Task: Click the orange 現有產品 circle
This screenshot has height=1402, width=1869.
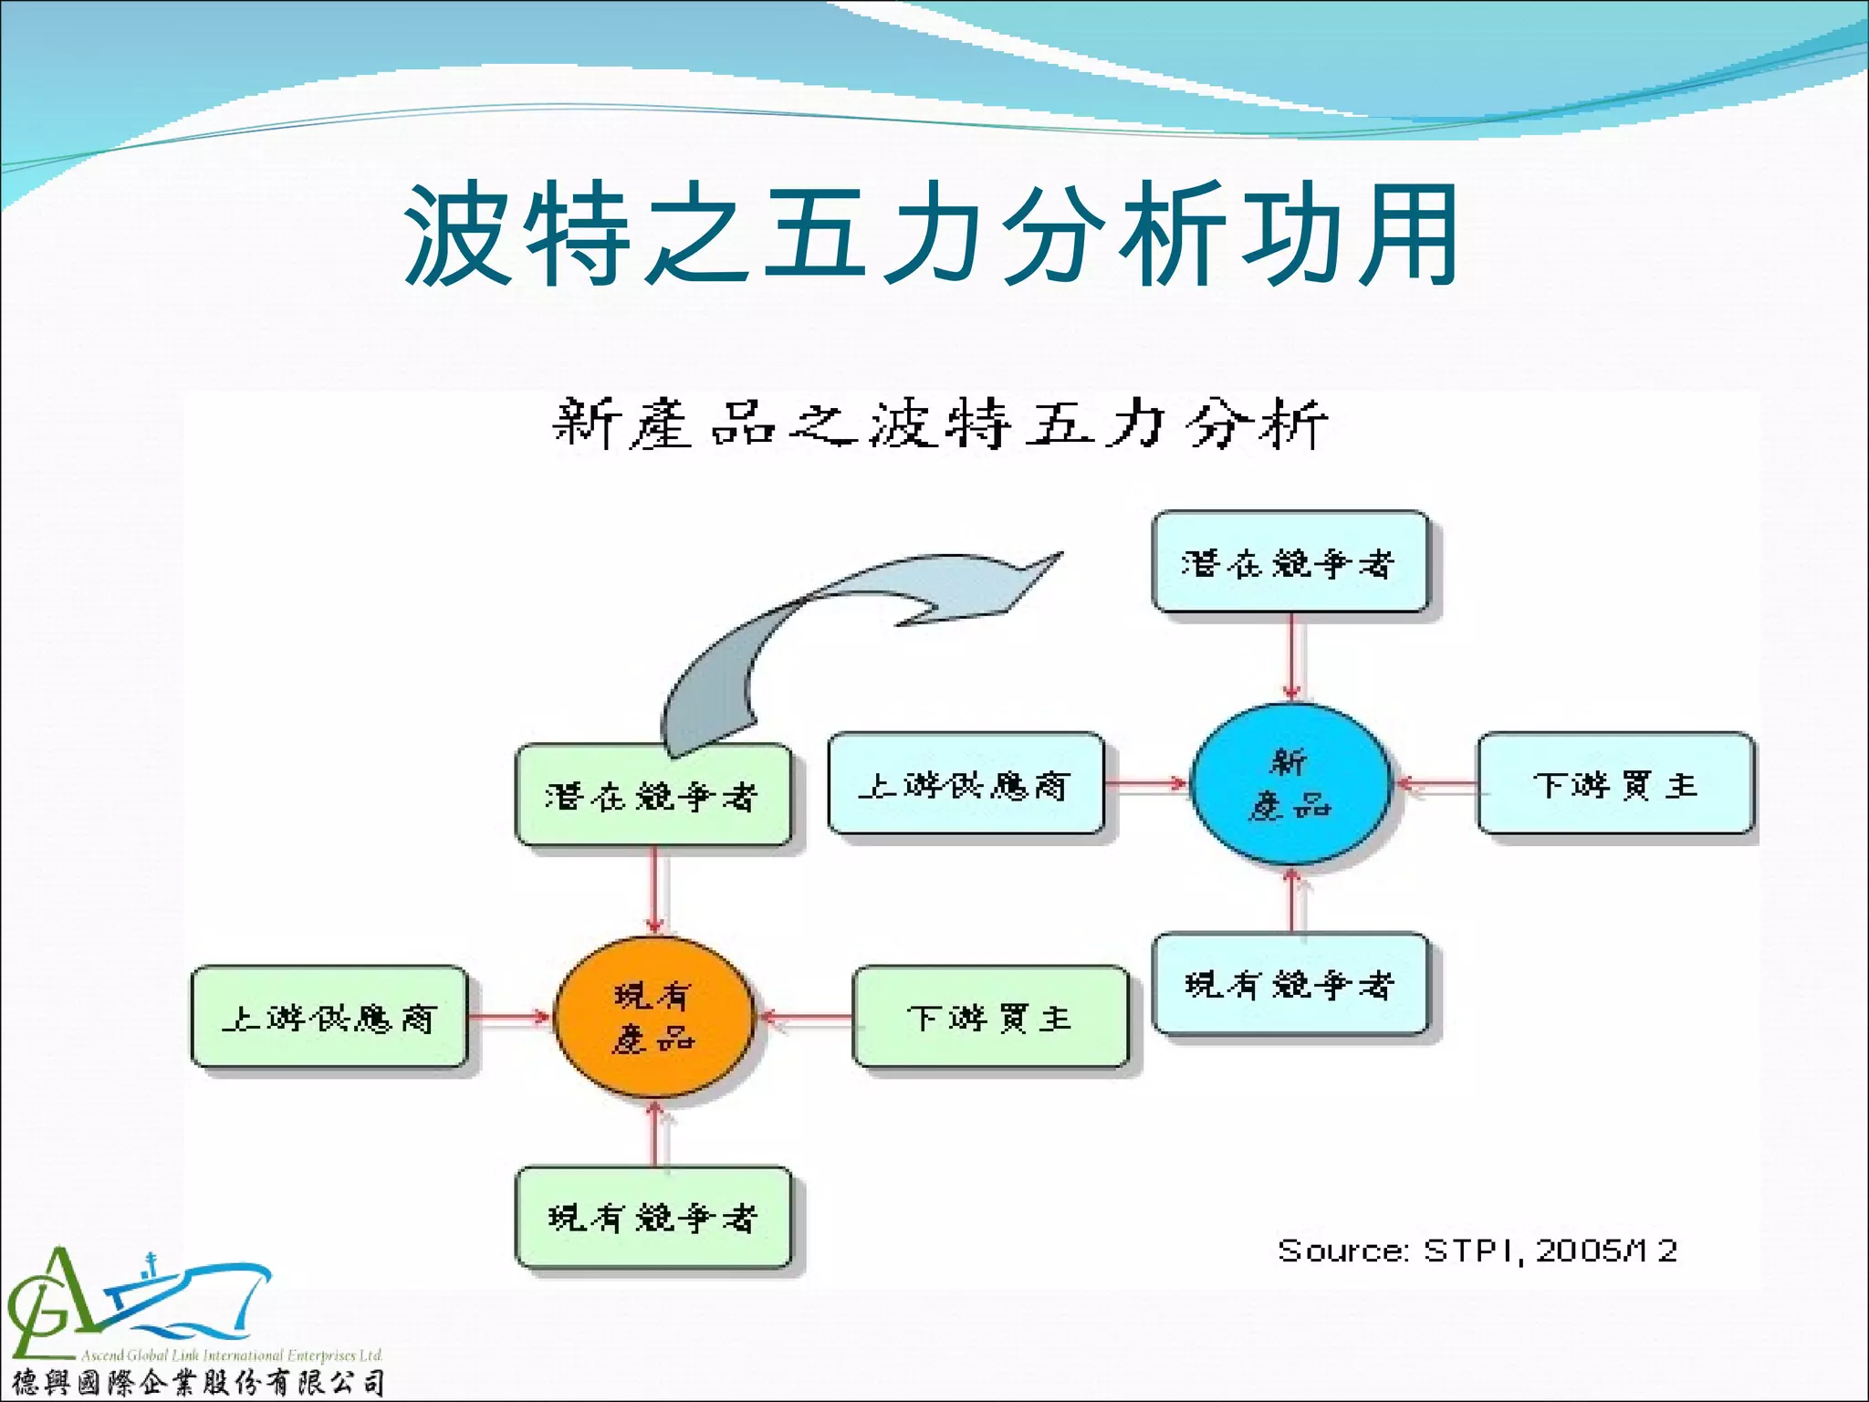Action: pyautogui.click(x=654, y=1017)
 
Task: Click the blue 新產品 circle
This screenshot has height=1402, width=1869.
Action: pyautogui.click(x=1290, y=783)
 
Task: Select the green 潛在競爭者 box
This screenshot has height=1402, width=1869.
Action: pyautogui.click(x=653, y=795)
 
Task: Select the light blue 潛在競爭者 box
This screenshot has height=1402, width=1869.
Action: pyautogui.click(x=1289, y=562)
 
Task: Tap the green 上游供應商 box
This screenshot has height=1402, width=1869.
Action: pyautogui.click(x=329, y=1017)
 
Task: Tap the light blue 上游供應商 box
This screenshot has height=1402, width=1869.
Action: pyautogui.click(x=965, y=783)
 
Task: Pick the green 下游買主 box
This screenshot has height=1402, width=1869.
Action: pyautogui.click(x=989, y=1017)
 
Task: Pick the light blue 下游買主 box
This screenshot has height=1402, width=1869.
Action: pyautogui.click(x=1614, y=783)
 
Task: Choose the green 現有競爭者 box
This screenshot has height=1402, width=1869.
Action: pyautogui.click(x=653, y=1217)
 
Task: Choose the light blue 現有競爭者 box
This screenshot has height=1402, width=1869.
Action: pyautogui.click(x=1289, y=983)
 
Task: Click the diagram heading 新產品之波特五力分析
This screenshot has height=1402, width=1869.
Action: pyautogui.click(x=940, y=424)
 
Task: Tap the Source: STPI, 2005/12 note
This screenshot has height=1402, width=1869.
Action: pyautogui.click(x=1477, y=1250)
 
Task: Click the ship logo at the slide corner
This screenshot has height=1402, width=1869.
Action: pyautogui.click(x=137, y=1305)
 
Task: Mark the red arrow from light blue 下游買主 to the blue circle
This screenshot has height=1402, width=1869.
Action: pyautogui.click(x=1436, y=783)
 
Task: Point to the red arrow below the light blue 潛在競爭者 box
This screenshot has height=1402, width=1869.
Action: pyautogui.click(x=1291, y=657)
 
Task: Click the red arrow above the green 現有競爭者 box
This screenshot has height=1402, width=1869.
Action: pyautogui.click(x=654, y=1134)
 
